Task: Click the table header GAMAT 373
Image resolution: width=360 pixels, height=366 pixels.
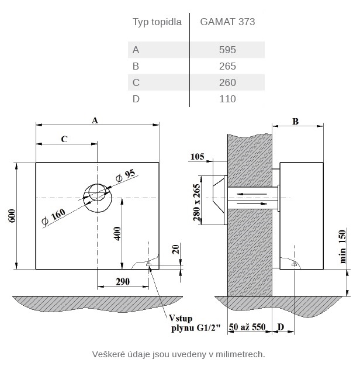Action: click(x=227, y=22)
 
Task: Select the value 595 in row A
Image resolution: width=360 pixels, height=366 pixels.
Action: click(x=227, y=50)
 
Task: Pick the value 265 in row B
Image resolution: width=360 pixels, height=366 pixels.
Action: click(x=227, y=66)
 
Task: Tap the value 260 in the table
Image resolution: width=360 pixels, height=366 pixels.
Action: click(x=227, y=82)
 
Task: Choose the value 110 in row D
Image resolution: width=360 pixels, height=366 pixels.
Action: click(x=227, y=99)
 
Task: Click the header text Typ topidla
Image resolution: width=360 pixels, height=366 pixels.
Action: click(x=157, y=22)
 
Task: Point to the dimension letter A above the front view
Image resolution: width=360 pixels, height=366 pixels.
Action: click(x=95, y=119)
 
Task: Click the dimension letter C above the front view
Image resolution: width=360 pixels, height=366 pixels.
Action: click(x=64, y=139)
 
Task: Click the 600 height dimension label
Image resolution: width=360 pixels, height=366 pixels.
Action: click(x=12, y=216)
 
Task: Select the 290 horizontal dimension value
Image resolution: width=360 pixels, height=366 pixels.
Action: click(x=122, y=282)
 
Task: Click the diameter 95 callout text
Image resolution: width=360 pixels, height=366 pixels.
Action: click(x=125, y=175)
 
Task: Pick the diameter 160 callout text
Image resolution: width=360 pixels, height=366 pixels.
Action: click(x=54, y=216)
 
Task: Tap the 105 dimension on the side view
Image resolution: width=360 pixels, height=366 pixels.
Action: click(x=198, y=156)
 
